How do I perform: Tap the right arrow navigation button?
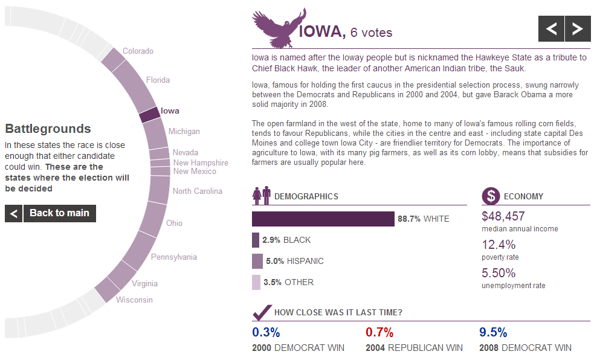[x=578, y=28]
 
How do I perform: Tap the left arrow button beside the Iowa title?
[x=551, y=28]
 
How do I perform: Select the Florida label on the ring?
[x=158, y=80]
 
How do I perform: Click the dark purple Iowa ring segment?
[x=149, y=114]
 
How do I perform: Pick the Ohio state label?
[x=174, y=223]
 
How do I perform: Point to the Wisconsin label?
[x=134, y=300]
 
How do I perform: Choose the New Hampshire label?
[x=201, y=162]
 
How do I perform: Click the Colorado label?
[x=138, y=51]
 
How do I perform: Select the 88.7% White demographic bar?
[x=323, y=219]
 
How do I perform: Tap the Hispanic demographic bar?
[x=257, y=261]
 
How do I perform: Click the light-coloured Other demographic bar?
[x=256, y=282]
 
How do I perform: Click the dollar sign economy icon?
[x=491, y=196]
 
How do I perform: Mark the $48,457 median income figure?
[x=503, y=216]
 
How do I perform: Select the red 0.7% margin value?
[x=379, y=332]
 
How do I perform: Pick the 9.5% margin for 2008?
[x=493, y=332]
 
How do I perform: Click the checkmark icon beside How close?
[x=261, y=312]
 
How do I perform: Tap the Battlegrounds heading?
[x=48, y=129]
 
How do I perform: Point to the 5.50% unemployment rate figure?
[x=499, y=273]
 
